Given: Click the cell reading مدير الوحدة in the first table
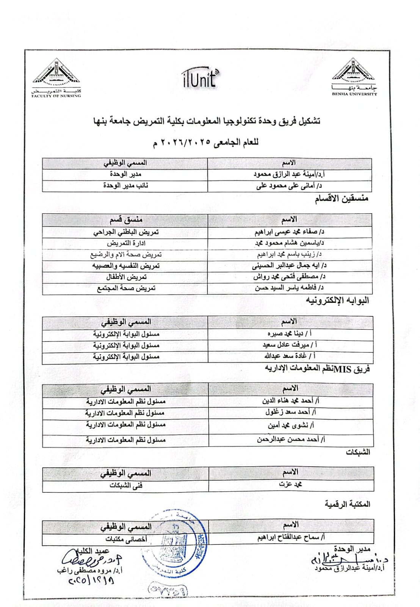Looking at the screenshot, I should pos(125,174).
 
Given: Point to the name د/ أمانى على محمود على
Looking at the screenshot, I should pos(289,186).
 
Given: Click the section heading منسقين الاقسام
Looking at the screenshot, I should pos(341,199).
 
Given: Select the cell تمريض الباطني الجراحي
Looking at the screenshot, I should pos(126,232).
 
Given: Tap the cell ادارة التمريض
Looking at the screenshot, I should pos(126,243).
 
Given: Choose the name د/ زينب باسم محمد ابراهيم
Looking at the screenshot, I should pos(289,254).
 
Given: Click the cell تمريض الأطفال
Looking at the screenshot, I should pos(126,277).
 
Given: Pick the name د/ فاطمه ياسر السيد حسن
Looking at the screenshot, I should pos(289,288).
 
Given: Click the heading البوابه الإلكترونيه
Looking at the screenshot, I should pos(337,301).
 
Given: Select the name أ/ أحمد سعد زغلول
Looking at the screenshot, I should pos(291,412).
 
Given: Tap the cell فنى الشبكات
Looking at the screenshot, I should pos(126,485).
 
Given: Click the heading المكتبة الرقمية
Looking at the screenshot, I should pos(347,504).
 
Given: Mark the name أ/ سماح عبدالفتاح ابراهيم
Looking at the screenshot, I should pos(291,538).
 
